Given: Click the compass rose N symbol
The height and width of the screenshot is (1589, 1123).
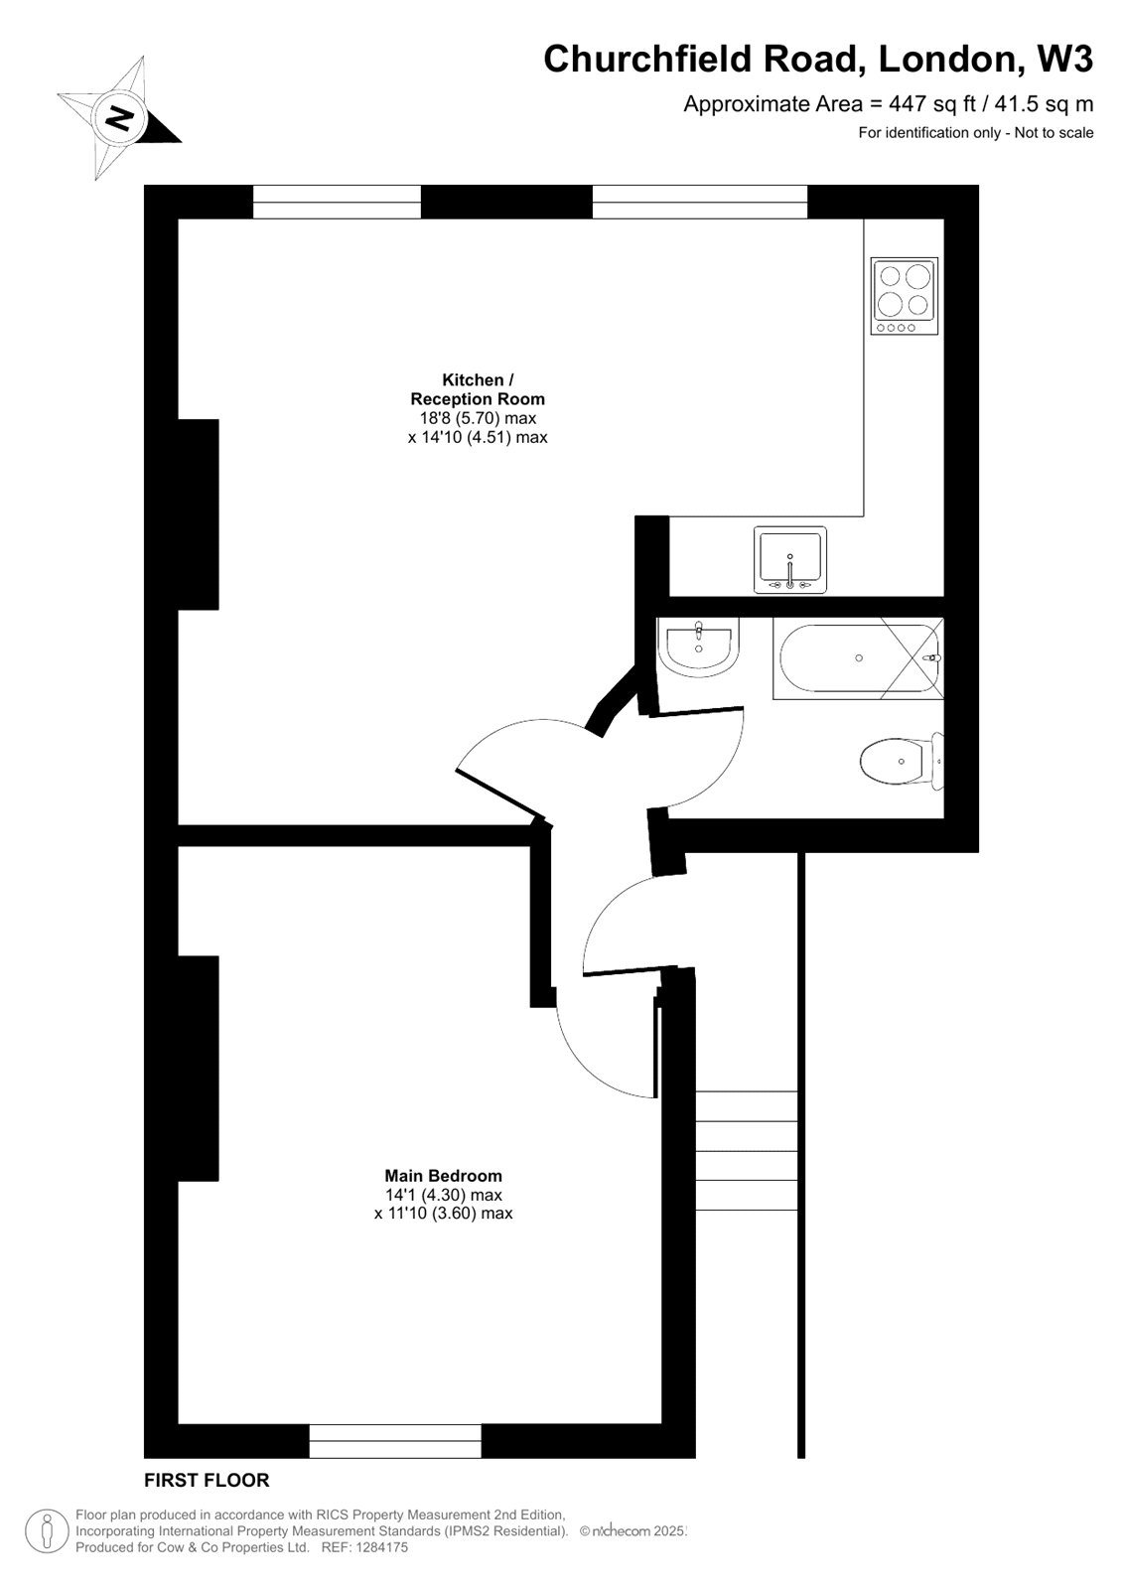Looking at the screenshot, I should coord(120,120).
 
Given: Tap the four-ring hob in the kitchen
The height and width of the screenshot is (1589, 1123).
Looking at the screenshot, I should coord(904,296).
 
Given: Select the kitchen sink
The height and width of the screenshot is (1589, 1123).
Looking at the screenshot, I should coord(789,560).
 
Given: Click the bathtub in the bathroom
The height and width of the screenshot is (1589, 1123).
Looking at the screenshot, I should coord(858,657).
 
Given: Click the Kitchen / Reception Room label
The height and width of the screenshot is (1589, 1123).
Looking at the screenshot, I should coord(478,388).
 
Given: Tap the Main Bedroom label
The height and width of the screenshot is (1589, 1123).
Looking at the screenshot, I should coord(443,1176).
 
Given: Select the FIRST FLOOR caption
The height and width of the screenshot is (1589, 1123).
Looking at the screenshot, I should coord(207,1480).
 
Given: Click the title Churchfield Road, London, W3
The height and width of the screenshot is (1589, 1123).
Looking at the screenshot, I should coord(817,60).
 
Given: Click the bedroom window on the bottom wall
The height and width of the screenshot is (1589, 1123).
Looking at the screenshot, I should coord(395,1440).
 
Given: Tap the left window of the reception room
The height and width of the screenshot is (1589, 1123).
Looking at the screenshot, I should coord(338,202).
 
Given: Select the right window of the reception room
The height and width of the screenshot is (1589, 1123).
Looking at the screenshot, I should coord(700,202).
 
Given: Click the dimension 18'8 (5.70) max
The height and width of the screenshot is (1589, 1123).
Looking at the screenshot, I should coord(478,418).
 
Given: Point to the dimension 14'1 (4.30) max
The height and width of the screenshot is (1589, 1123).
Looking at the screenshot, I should coord(443,1195).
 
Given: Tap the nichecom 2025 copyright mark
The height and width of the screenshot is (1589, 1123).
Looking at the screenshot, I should coord(632,1531).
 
